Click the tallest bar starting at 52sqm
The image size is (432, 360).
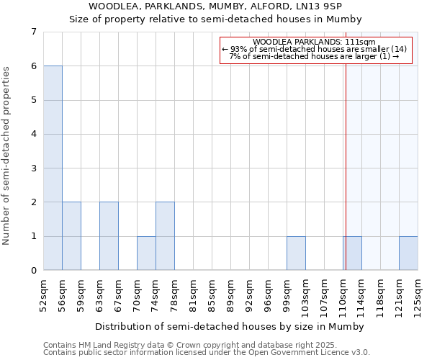(x=53, y=168)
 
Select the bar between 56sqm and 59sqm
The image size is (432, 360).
(x=71, y=236)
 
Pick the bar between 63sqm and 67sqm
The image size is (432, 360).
(x=109, y=236)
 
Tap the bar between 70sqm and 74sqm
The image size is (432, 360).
(x=146, y=253)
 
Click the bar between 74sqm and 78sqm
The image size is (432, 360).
(x=165, y=236)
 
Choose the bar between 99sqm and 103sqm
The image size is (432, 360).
(x=296, y=253)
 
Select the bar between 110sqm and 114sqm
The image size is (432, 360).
(x=352, y=253)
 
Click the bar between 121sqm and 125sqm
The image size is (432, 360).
(x=408, y=253)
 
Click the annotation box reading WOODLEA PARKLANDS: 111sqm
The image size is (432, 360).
(x=315, y=50)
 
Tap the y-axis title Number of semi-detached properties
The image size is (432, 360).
(x=7, y=156)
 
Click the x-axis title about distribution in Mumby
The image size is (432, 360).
(x=230, y=326)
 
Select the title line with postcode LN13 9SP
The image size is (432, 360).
(x=215, y=6)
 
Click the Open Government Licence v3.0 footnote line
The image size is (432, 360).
(x=207, y=353)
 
